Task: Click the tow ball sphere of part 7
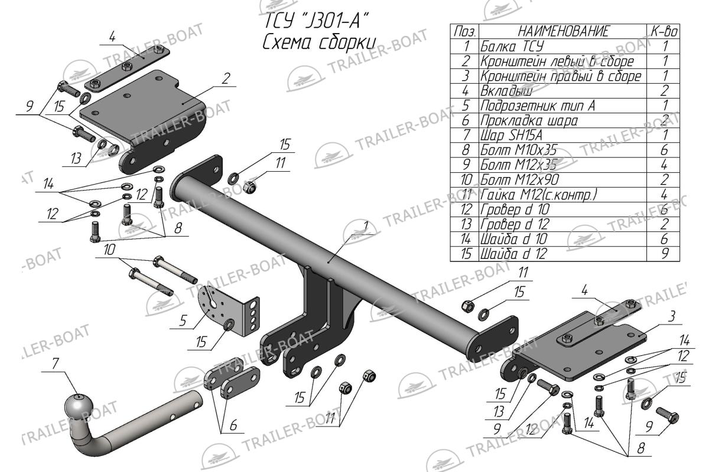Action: point(79,407)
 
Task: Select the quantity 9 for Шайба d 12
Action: point(665,254)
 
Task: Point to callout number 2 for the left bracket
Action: point(226,78)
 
